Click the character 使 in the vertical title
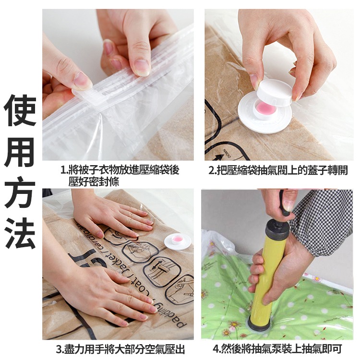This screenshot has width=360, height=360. [x=20, y=110]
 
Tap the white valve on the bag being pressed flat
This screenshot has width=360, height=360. [x=178, y=241]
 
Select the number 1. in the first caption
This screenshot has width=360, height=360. [x=64, y=170]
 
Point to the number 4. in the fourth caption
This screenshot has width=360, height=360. [x=217, y=349]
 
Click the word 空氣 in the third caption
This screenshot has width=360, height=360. [x=150, y=349]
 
